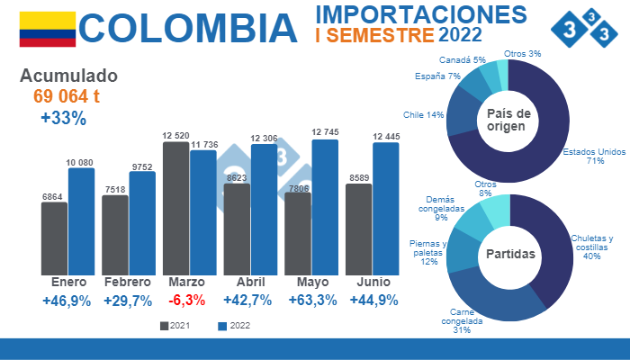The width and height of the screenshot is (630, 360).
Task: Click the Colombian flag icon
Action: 47,29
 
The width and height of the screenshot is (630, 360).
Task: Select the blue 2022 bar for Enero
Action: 81,220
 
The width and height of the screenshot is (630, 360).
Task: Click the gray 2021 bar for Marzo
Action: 175,207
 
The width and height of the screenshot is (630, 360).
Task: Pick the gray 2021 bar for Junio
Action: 358,229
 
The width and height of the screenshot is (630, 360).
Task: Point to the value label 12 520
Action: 176,136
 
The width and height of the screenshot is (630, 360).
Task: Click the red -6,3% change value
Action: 186,301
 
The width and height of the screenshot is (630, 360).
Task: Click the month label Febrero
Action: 127,283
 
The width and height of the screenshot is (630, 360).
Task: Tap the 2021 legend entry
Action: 175,326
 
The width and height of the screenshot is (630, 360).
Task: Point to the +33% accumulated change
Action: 63,118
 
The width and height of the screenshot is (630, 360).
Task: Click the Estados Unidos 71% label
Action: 593,156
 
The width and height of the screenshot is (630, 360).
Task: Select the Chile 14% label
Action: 423,115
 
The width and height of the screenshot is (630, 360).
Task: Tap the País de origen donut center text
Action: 509,120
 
